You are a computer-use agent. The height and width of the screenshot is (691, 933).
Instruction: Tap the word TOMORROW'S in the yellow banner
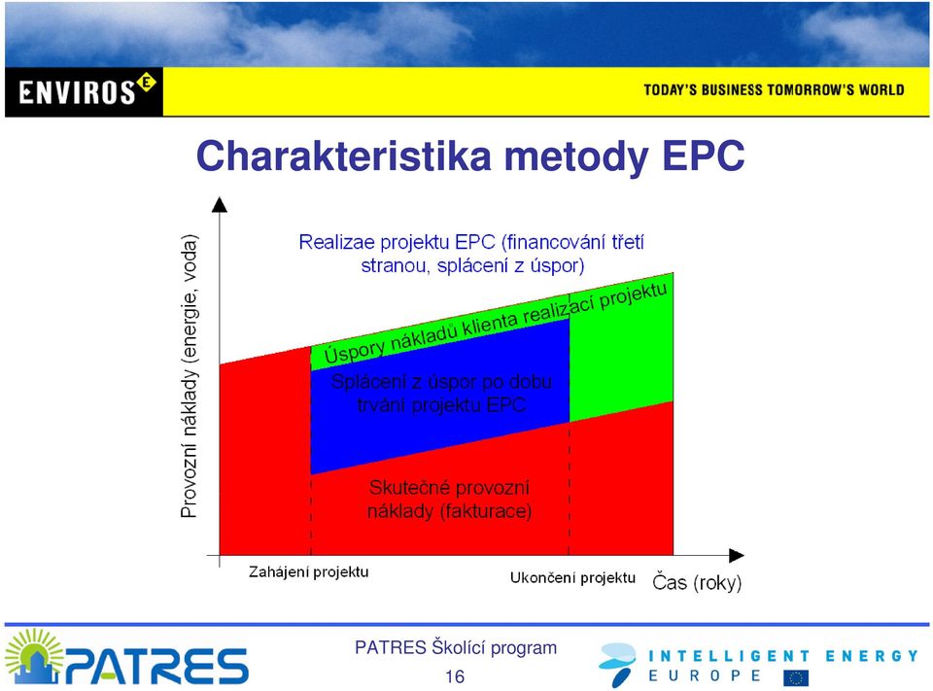click(811, 89)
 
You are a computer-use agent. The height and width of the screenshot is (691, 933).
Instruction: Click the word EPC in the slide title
click(704, 155)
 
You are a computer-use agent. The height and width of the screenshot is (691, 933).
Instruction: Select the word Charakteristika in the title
click(344, 155)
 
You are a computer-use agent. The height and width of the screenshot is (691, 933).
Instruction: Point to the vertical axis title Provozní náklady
click(189, 376)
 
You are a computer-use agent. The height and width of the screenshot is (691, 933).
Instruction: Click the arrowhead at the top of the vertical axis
click(220, 204)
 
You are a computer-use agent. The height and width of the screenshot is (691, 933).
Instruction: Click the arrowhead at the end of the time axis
click(737, 555)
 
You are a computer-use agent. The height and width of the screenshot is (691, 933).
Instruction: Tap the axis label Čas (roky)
click(697, 582)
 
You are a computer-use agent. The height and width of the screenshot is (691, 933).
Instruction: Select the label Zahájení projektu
click(308, 572)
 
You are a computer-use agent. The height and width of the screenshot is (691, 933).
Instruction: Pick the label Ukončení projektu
click(572, 578)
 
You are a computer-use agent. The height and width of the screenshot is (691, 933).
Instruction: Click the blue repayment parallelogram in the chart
click(440, 397)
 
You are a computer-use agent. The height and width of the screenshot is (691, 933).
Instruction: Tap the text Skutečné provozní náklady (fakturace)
click(449, 500)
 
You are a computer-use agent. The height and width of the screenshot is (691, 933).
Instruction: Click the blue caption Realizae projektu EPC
click(471, 254)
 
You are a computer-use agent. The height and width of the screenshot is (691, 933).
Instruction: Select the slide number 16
click(455, 676)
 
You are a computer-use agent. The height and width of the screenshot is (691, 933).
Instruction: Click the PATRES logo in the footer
click(126, 657)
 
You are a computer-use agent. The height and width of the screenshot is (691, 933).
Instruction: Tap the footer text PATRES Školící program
click(456, 647)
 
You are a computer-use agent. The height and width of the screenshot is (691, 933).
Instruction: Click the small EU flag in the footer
click(796, 677)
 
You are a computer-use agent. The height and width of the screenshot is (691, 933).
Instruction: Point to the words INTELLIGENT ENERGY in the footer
click(783, 656)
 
